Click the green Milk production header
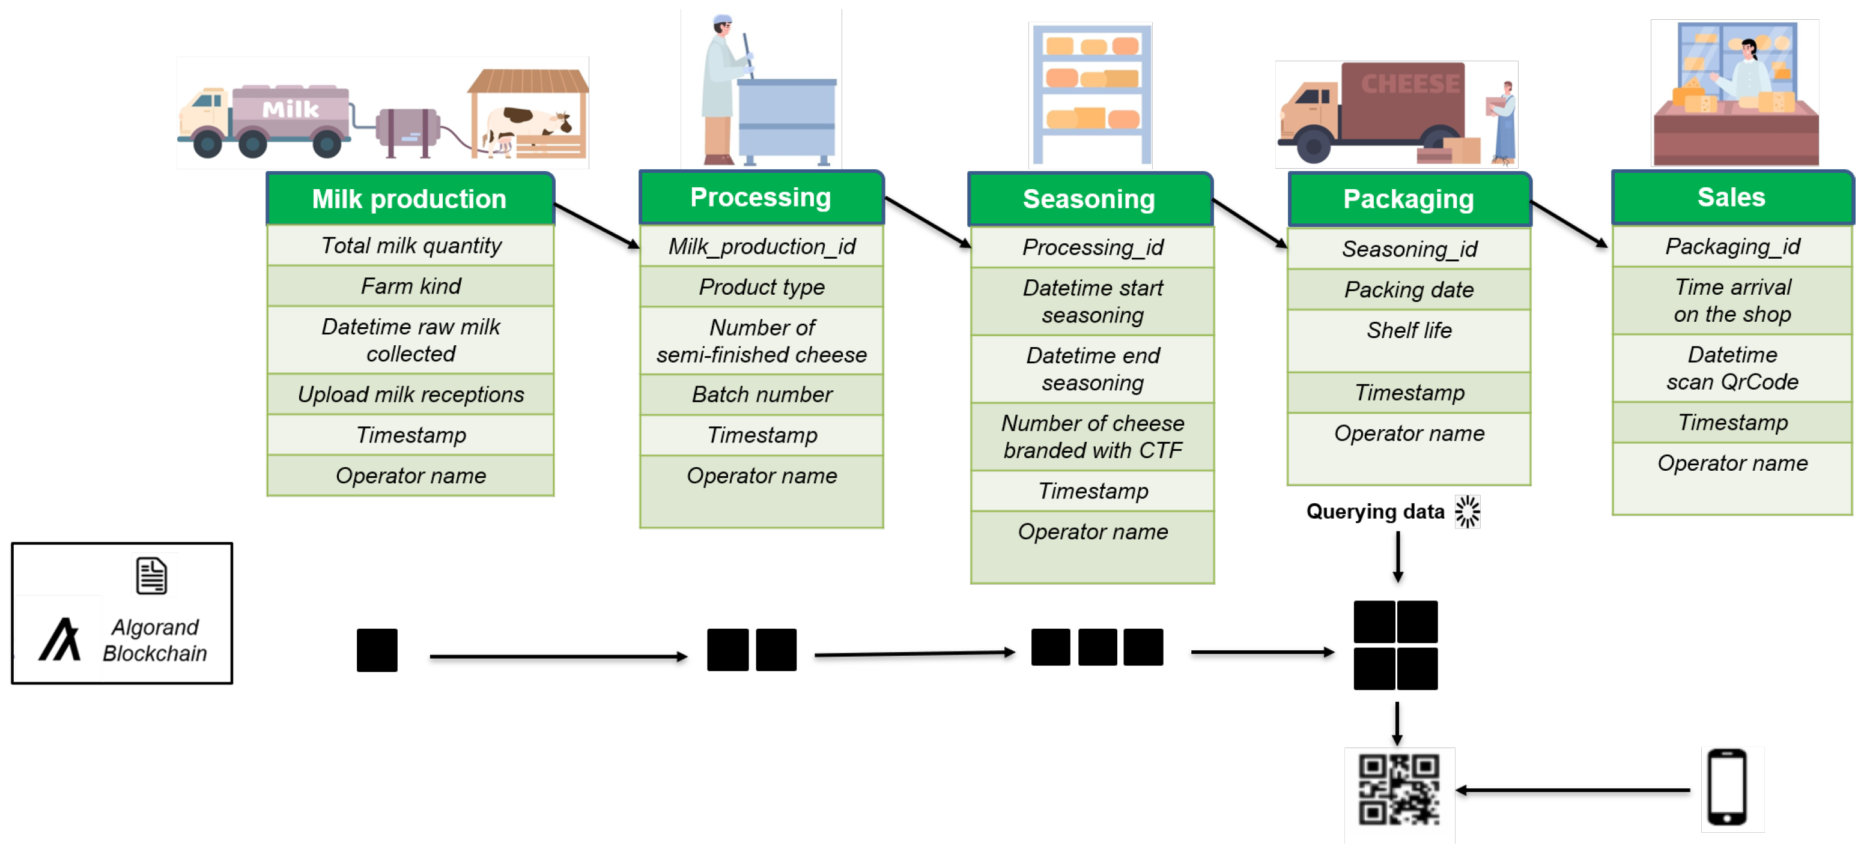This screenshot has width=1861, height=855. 410,199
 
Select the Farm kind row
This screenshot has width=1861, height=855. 410,286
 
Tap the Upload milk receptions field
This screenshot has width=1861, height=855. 410,394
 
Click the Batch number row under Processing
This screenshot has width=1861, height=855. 762,394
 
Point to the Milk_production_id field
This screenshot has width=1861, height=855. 762,246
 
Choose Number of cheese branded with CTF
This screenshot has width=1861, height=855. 1092,436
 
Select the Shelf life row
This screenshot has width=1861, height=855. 1409,331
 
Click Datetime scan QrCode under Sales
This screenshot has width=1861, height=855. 1732,367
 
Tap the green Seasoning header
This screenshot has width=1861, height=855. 1090,199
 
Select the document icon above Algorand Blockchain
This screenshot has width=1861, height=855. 152,576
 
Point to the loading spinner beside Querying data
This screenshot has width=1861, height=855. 1468,512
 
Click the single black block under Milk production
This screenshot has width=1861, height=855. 377,650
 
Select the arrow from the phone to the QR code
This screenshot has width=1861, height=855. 1571,790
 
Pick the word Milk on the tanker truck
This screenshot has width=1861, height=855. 290,110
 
